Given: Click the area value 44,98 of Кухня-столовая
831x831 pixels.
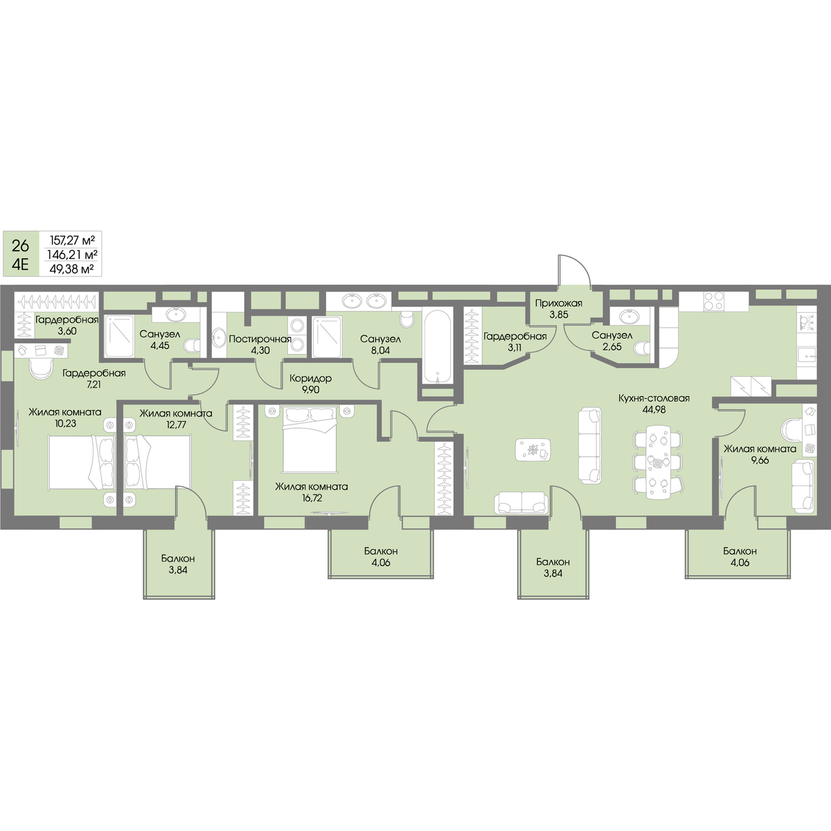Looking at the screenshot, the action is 654,409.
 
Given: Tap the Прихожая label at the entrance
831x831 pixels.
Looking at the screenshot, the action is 558,303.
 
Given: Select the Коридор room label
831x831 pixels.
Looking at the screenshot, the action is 310,379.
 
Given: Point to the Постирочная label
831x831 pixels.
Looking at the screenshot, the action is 260,339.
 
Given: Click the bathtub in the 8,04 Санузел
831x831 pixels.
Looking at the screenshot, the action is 438,347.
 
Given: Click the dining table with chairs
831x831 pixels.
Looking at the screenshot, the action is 658,462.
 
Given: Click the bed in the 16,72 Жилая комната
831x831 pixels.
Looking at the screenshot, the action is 310,438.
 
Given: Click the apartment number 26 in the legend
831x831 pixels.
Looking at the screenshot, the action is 20,246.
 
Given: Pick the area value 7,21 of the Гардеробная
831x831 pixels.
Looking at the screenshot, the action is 93,384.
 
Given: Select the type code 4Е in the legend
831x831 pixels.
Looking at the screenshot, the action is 20,264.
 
